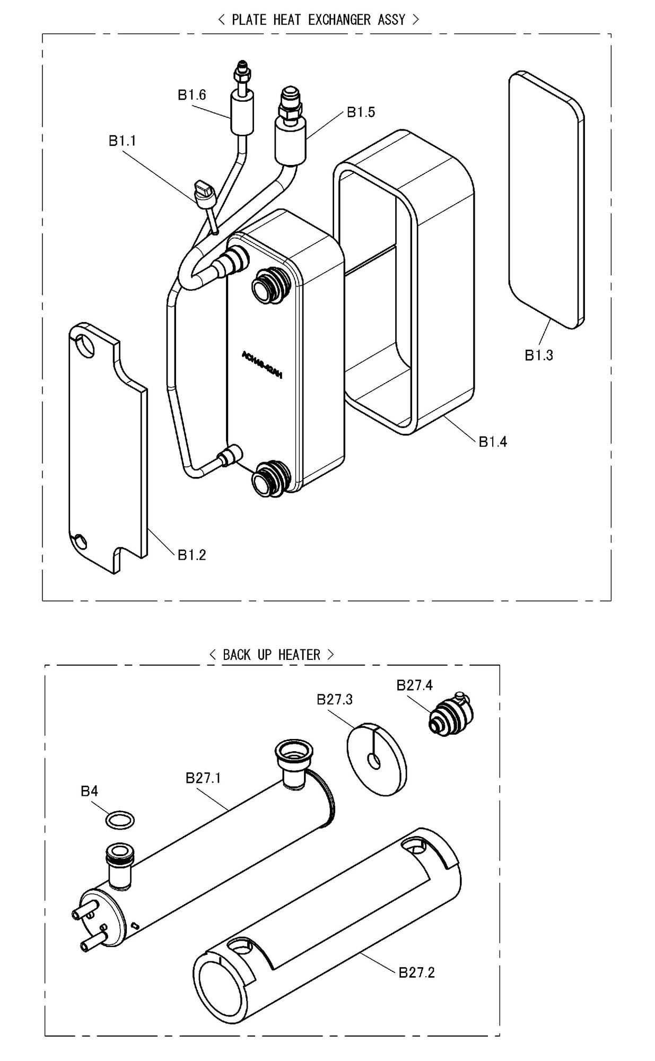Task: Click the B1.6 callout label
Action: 191,95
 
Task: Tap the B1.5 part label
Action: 361,112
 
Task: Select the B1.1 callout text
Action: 123,141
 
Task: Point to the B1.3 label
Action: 538,355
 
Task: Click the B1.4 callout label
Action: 492,441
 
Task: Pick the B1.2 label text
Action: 191,555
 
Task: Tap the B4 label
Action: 89,792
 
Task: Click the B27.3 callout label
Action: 334,700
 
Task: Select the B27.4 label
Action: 414,685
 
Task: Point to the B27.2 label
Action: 416,972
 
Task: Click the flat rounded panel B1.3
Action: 546,199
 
